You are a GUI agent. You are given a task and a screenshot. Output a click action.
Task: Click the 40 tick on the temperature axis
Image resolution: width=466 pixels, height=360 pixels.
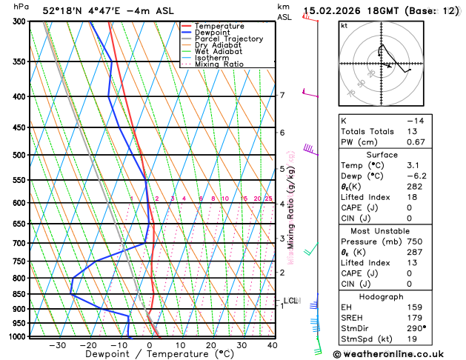pyautogui.click(x=273, y=345)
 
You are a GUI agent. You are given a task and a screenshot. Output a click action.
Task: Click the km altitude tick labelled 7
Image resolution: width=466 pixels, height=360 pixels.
pyautogui.click(x=282, y=96)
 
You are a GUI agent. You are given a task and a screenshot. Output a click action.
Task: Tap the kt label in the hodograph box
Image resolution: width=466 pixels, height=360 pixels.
pyautogui.click(x=344, y=25)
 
